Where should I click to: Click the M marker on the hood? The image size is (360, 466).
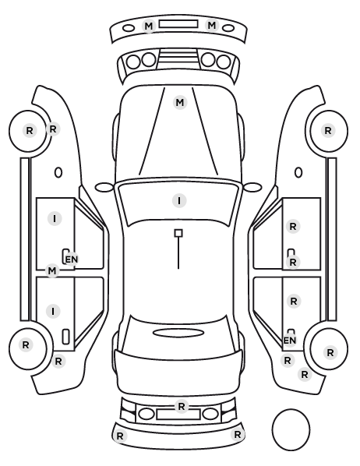click(x=179, y=103)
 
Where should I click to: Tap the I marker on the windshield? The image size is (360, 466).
click(x=179, y=200)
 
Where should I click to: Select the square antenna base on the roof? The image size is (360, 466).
click(x=178, y=233)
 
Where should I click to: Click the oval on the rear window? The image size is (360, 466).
click(x=178, y=333)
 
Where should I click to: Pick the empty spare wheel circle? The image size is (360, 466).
click(x=291, y=429)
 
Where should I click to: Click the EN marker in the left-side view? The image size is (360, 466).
click(x=72, y=259)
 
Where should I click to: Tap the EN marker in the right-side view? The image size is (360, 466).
click(x=290, y=341)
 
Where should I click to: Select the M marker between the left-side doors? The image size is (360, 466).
click(x=52, y=270)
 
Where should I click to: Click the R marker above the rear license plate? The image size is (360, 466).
click(x=182, y=406)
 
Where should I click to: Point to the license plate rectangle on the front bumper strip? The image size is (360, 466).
click(x=178, y=24)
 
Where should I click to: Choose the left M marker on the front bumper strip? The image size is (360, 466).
click(x=149, y=26)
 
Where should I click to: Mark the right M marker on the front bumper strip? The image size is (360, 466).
click(x=212, y=25)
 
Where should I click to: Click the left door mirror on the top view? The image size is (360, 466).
click(x=104, y=187)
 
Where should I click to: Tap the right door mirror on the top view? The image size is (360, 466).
click(x=252, y=187)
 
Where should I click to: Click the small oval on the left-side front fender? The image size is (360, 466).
click(x=58, y=172)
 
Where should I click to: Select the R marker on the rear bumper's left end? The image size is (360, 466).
click(x=120, y=436)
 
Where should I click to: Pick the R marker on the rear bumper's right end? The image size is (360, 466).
click(x=237, y=435)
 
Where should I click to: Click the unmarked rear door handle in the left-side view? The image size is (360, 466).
click(x=65, y=337)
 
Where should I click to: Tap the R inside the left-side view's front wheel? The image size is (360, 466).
click(x=30, y=130)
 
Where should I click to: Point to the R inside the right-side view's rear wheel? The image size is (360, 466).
click(x=330, y=353)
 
